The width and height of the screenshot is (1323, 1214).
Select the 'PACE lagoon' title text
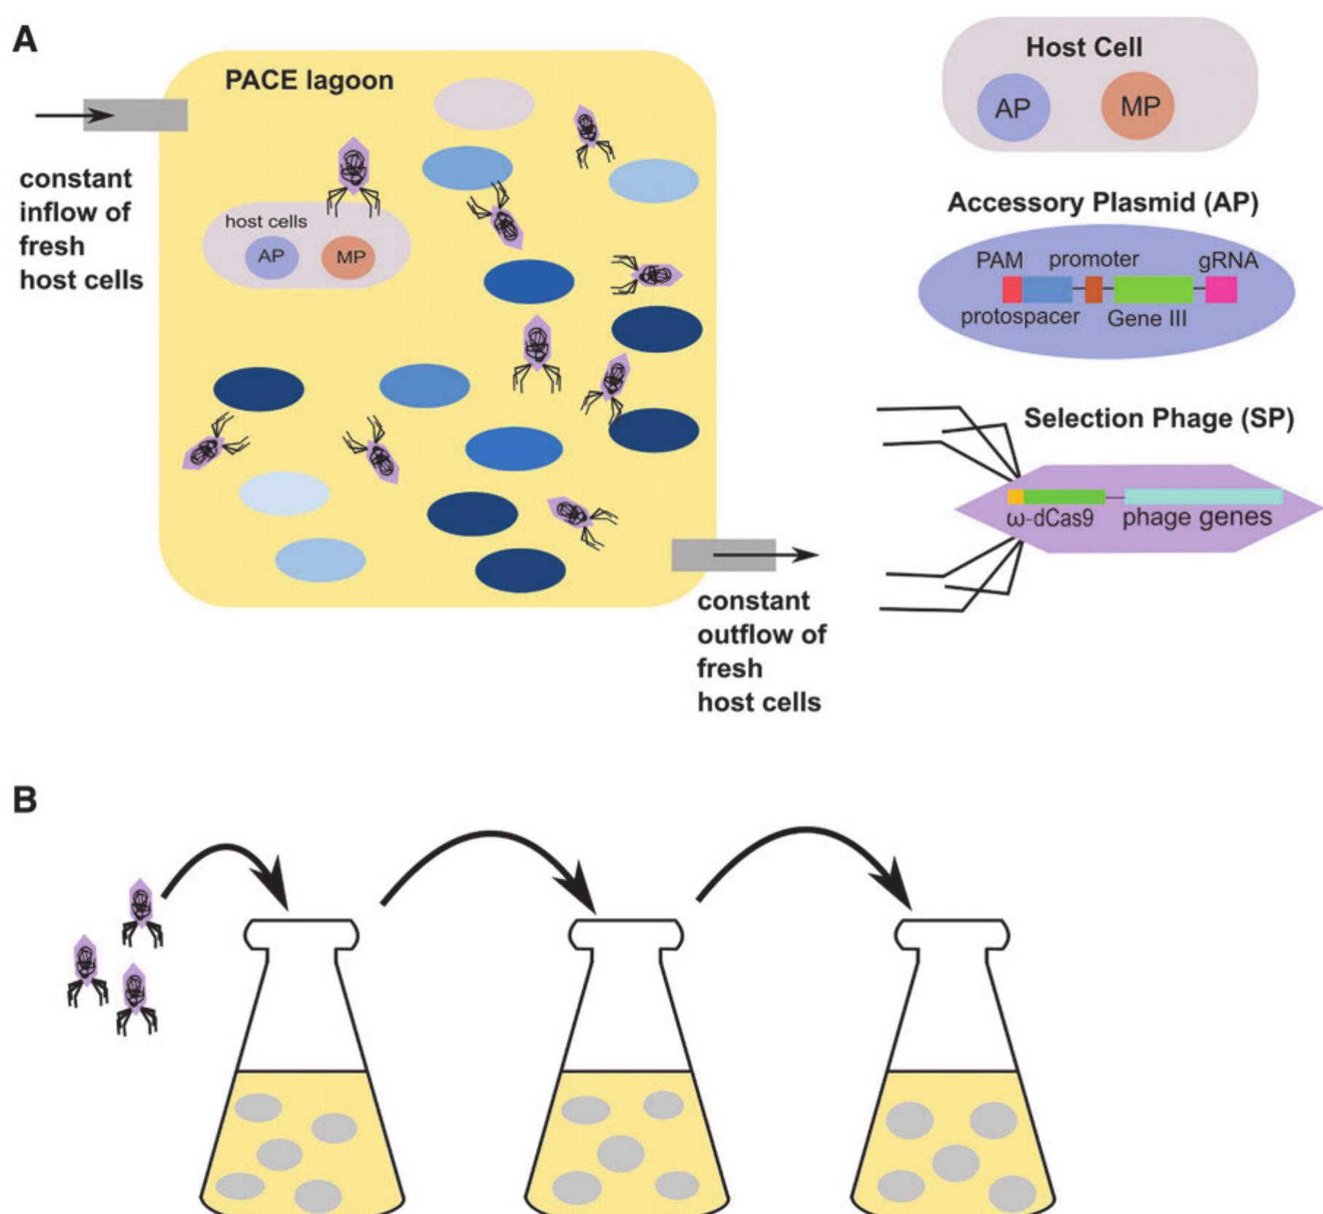[x=308, y=80]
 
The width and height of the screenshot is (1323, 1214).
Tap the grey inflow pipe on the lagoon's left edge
[x=136, y=115]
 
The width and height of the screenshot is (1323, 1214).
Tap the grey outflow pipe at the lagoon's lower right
[x=723, y=555]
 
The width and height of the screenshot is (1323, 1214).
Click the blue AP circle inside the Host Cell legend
[x=1013, y=107]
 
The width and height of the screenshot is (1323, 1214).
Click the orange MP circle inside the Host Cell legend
[x=1138, y=106]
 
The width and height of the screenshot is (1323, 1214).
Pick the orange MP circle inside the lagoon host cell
[x=349, y=257]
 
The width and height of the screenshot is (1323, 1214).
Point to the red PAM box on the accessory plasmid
[x=1011, y=289]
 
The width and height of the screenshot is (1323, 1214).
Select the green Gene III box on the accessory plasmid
[x=1154, y=289]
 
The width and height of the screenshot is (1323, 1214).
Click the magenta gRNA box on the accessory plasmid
[x=1221, y=289]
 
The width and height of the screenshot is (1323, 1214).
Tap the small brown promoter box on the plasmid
[x=1094, y=289]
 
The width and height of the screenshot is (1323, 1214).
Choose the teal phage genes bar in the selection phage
[x=1203, y=497]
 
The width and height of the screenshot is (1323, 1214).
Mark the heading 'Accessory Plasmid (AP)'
[x=1103, y=203]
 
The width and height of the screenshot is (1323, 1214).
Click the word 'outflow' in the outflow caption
[x=761, y=634]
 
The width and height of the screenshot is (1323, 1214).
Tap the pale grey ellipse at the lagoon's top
[x=484, y=104]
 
